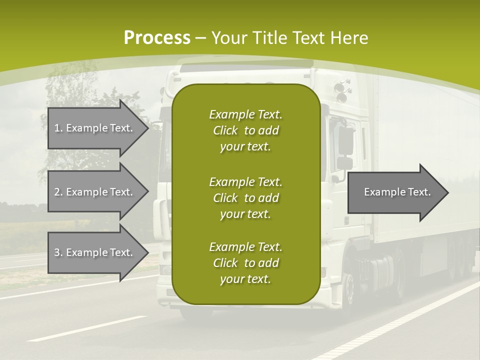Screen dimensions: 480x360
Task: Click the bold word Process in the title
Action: point(157,37)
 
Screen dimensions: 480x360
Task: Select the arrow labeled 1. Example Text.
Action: point(98,128)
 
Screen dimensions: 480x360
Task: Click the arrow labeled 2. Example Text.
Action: point(98,191)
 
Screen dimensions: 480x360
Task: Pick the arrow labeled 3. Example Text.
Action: point(98,252)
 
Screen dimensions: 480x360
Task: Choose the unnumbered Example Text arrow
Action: point(398,192)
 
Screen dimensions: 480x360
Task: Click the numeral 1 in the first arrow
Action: point(57,128)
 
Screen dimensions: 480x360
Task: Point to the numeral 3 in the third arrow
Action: point(57,252)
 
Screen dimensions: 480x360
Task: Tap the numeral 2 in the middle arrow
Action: point(57,192)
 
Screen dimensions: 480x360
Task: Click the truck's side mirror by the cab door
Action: point(345,141)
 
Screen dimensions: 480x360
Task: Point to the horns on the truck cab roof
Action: point(342,90)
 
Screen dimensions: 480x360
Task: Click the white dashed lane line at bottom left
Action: point(87,328)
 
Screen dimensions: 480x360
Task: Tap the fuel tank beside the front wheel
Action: point(375,272)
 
